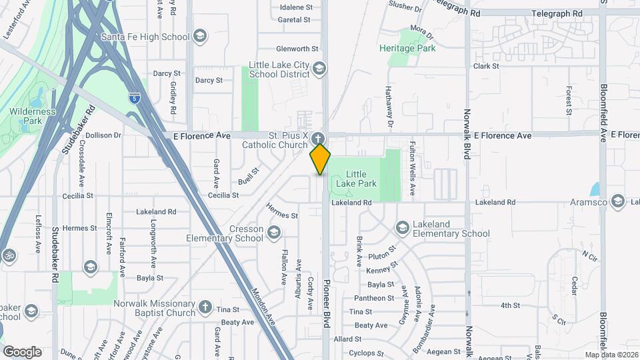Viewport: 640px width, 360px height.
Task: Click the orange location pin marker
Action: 321,159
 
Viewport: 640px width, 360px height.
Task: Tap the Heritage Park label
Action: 407,48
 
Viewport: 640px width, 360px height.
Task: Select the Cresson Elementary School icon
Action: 273,233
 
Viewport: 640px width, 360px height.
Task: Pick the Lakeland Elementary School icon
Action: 402,228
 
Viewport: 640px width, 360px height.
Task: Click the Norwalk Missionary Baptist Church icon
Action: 205,307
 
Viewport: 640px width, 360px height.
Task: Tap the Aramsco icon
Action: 618,201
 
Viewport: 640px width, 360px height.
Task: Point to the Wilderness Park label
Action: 32,117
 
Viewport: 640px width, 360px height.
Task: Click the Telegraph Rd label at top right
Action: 557,13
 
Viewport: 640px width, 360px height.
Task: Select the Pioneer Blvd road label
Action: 327,312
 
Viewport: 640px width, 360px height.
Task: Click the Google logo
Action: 22,351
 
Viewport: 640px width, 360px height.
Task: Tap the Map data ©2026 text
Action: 611,355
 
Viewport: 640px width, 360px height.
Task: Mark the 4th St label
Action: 510,305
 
